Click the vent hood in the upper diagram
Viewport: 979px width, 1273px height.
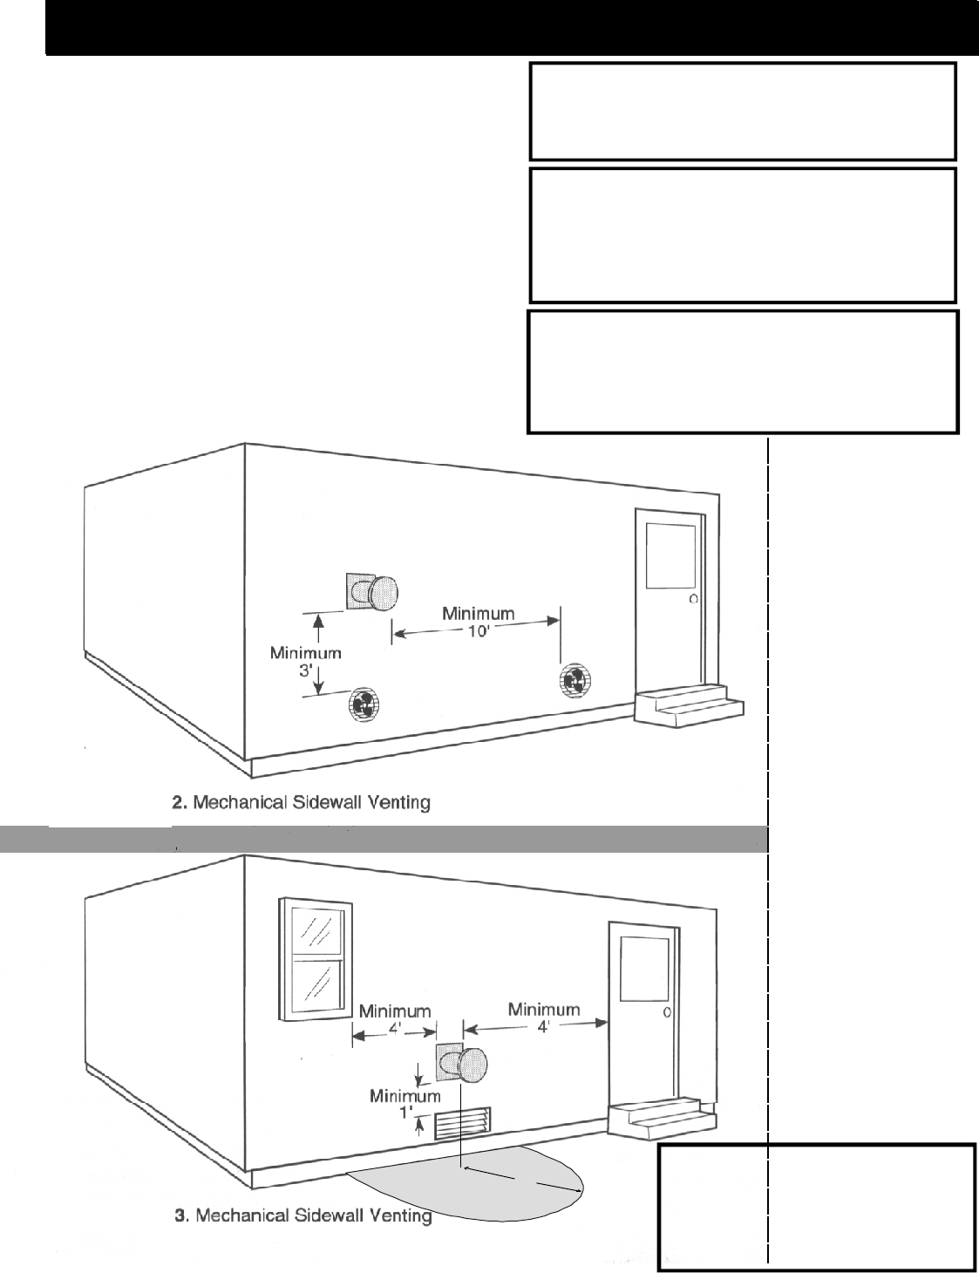tap(375, 592)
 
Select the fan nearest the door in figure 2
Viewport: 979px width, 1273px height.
tap(574, 680)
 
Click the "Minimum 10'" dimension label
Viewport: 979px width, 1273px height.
tap(478, 622)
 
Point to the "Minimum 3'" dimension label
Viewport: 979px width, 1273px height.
tap(305, 661)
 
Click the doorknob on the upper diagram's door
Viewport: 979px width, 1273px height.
tap(693, 599)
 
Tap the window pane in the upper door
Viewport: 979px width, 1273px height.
tap(670, 557)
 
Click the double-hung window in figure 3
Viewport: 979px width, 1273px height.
tap(316, 959)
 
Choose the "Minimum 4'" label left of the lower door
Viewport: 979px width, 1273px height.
tap(544, 1018)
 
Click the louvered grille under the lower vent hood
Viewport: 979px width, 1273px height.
tap(463, 1125)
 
